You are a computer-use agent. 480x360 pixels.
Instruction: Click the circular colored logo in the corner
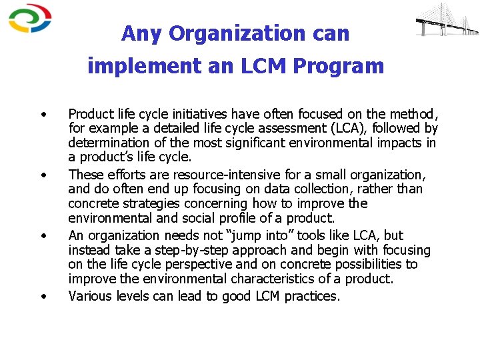pyautogui.click(x=30, y=19)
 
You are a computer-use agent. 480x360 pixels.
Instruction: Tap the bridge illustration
pyautogui.click(x=446, y=20)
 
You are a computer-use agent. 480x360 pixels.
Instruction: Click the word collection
pyautogui.click(x=347, y=189)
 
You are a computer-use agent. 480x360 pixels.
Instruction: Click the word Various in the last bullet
pyautogui.click(x=91, y=295)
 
